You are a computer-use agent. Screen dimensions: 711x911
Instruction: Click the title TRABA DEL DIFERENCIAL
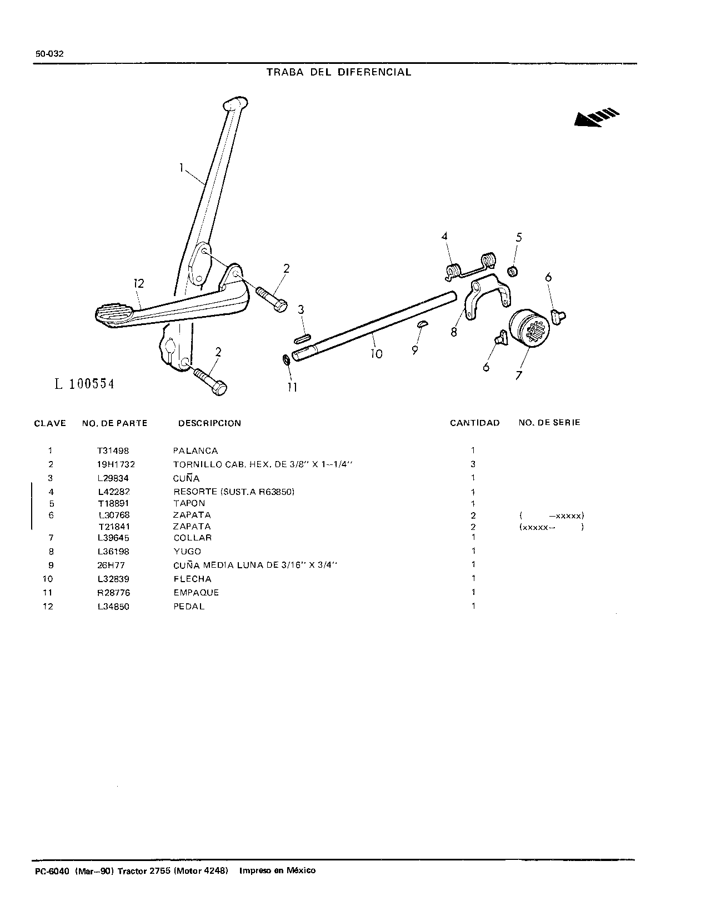[339, 72]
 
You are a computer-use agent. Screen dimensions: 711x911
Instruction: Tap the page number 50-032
[49, 54]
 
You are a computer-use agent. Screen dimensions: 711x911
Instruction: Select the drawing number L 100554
[84, 384]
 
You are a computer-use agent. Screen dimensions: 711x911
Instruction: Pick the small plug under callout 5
[513, 271]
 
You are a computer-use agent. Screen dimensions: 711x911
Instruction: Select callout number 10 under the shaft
[377, 354]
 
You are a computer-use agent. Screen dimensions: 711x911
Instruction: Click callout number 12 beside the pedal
[139, 283]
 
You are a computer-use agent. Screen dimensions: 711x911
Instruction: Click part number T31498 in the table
[113, 451]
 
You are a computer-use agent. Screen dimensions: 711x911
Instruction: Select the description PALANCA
[196, 451]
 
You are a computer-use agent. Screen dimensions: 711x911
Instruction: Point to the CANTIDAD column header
[474, 423]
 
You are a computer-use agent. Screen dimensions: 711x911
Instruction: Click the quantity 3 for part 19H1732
[473, 464]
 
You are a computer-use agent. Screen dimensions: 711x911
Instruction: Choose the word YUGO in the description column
[187, 551]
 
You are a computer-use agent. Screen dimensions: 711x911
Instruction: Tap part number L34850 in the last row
[113, 606]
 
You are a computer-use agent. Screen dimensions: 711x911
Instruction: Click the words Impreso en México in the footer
[277, 870]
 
